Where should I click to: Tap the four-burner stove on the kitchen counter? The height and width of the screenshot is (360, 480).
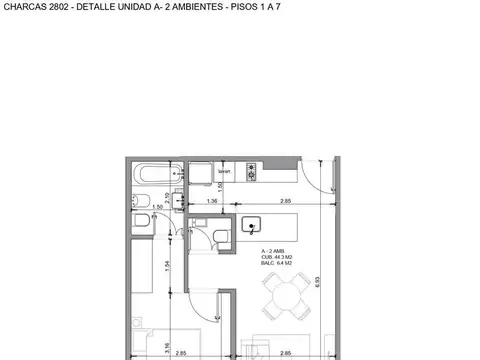251,177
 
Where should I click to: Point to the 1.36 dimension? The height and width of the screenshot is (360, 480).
212,202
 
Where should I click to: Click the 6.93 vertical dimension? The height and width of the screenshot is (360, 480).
317,283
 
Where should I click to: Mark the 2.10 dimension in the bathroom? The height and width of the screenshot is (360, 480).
166,197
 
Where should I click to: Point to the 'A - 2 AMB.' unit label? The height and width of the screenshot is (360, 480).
271,251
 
